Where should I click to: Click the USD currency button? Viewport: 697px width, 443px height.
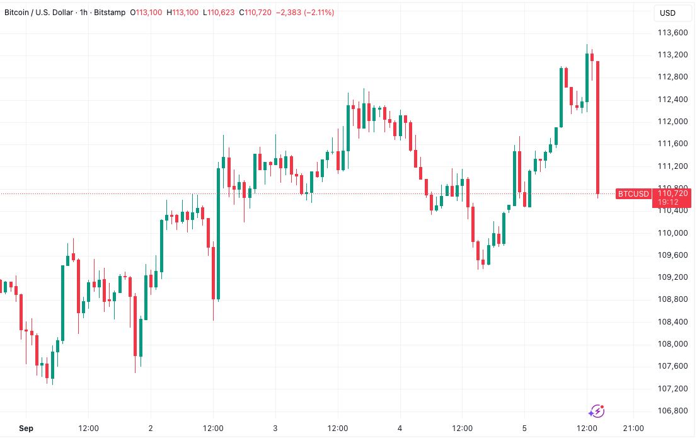(667, 13)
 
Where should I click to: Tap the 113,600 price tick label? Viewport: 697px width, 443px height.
(672, 33)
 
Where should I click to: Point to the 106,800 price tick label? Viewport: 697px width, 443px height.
(672, 411)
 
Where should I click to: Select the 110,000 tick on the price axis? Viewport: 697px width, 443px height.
(672, 233)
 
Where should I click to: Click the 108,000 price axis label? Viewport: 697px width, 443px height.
(672, 344)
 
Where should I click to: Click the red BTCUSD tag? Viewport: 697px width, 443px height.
(633, 193)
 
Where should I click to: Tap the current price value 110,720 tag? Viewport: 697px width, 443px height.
(672, 193)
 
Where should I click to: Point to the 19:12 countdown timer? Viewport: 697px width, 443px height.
(669, 202)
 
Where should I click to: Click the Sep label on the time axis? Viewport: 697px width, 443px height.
(26, 429)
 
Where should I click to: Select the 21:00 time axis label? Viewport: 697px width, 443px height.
(633, 429)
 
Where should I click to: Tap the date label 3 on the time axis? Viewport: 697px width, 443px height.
(275, 429)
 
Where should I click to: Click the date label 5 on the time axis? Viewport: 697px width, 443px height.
(524, 429)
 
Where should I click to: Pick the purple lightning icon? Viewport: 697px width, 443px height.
(596, 411)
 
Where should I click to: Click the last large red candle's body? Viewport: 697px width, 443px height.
(597, 126)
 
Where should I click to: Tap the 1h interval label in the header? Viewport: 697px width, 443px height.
(84, 13)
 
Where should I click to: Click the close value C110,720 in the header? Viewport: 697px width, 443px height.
(255, 13)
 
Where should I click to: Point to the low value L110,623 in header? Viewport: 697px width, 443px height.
(219, 13)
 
